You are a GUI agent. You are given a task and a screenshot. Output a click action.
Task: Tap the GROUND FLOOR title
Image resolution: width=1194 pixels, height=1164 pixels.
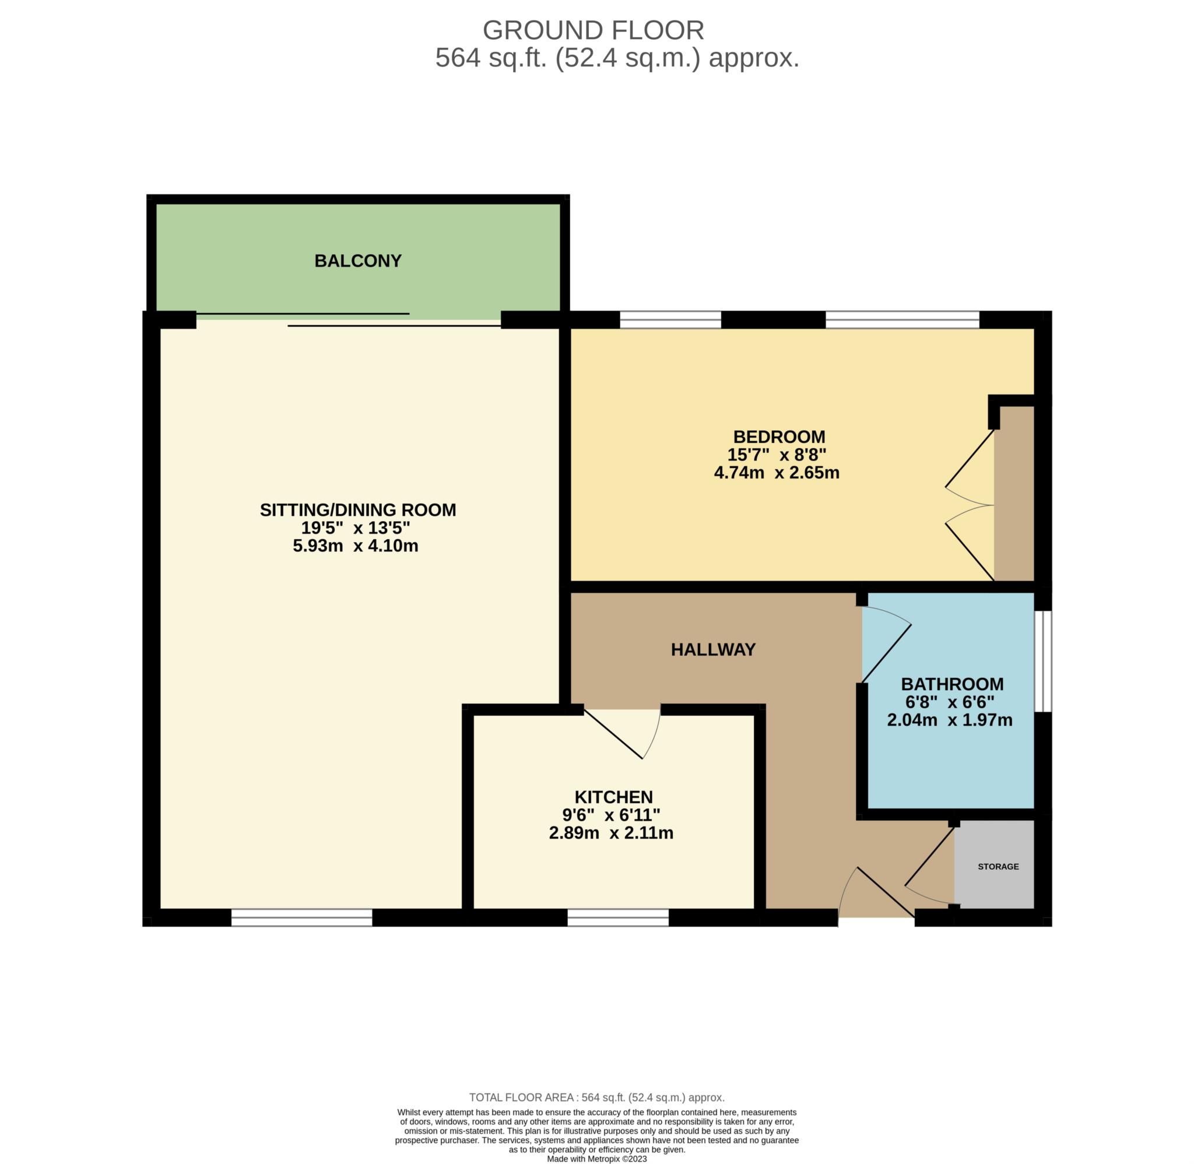click(593, 30)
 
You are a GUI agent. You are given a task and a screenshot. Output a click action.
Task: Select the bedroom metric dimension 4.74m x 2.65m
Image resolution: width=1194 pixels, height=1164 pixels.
click(777, 473)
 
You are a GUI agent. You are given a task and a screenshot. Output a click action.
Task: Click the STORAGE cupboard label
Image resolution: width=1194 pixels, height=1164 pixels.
click(998, 866)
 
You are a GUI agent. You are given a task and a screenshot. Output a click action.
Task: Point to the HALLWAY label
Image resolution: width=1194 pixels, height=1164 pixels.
click(713, 649)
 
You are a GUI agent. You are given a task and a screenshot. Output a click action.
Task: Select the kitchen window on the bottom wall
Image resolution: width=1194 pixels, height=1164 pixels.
click(617, 917)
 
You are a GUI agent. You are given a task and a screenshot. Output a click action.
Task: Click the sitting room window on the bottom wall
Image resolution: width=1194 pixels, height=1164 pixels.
click(301, 917)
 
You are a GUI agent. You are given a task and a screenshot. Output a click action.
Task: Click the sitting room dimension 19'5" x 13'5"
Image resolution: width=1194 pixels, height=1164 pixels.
click(355, 528)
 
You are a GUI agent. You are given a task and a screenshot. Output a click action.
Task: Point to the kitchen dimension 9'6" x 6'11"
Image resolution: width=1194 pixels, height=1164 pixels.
click(611, 815)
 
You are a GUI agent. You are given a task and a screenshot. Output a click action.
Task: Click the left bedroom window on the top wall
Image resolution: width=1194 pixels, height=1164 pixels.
click(670, 320)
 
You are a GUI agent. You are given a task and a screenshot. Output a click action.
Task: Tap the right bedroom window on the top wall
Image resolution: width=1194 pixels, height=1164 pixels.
click(902, 320)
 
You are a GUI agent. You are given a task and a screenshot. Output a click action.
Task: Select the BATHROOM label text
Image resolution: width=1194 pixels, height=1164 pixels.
click(952, 684)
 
